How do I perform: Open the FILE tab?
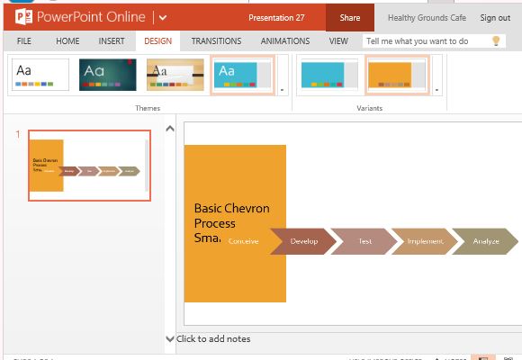pyautogui.click(x=24, y=41)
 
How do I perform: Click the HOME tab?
pyautogui.click(x=67, y=41)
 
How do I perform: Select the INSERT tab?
pyautogui.click(x=112, y=41)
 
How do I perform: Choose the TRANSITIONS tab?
pyautogui.click(x=216, y=41)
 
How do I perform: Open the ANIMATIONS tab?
pyautogui.click(x=285, y=41)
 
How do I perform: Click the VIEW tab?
pyautogui.click(x=338, y=41)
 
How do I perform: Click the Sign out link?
pyautogui.click(x=495, y=18)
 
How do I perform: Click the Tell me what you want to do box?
pyautogui.click(x=423, y=41)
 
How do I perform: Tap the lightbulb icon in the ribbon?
pyautogui.click(x=495, y=41)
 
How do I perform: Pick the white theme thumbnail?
pyautogui.click(x=40, y=75)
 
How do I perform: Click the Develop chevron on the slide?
pyautogui.click(x=304, y=241)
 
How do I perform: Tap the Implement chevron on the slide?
pyautogui.click(x=424, y=241)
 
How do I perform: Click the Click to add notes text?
pyautogui.click(x=213, y=339)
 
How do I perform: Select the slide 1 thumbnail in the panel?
pyautogui.click(x=89, y=166)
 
